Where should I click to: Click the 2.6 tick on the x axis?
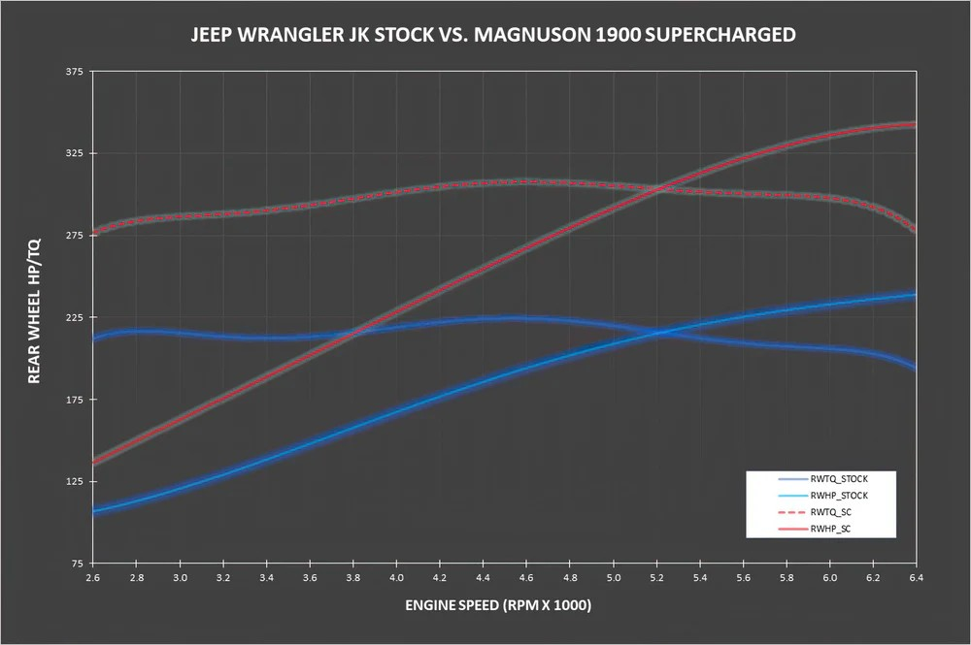click(92, 577)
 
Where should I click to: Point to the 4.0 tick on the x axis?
click(396, 577)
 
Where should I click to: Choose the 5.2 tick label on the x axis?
click(656, 577)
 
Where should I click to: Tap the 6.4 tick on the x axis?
click(917, 577)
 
